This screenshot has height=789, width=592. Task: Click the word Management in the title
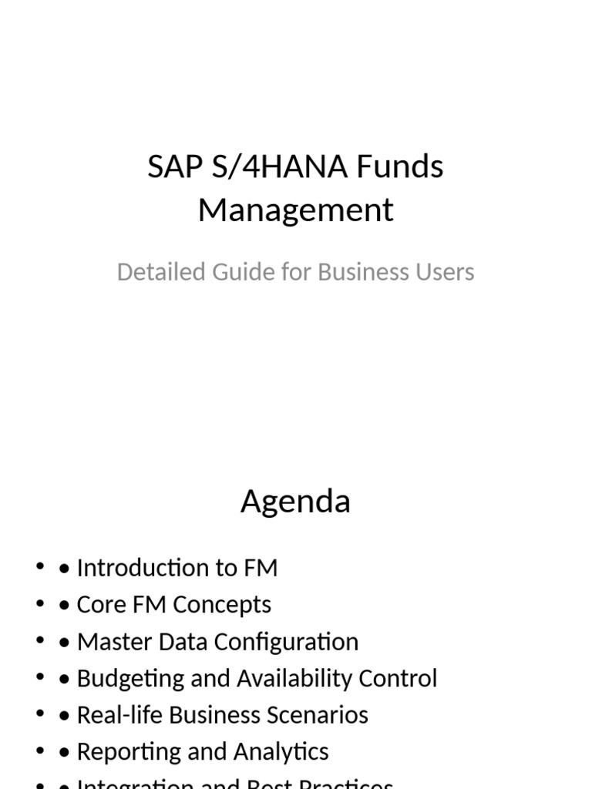[x=295, y=210]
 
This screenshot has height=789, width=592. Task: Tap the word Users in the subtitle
[x=446, y=272]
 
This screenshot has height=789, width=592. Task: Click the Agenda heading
[x=295, y=502]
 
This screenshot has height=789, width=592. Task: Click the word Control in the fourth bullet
[x=399, y=679]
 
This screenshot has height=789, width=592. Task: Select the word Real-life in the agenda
[x=119, y=715]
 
